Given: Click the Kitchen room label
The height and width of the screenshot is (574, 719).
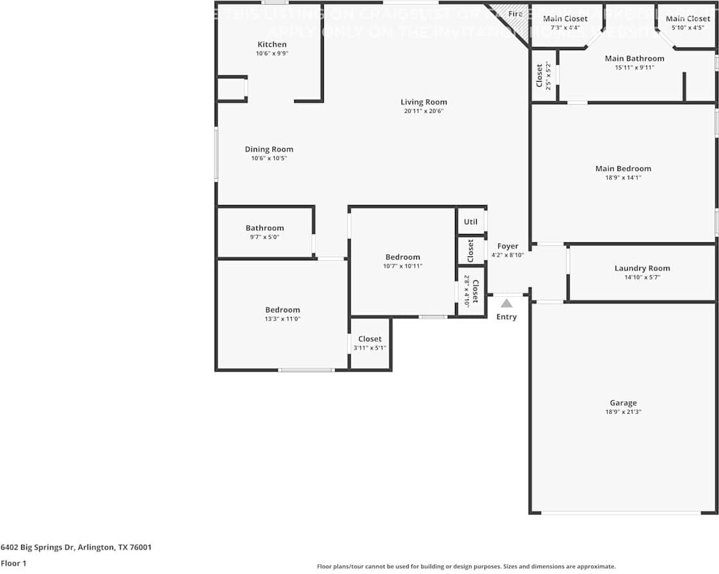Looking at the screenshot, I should [x=272, y=44].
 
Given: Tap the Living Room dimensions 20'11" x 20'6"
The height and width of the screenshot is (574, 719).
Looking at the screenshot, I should [x=423, y=111].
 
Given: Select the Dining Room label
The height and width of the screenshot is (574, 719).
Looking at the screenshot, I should [x=269, y=149].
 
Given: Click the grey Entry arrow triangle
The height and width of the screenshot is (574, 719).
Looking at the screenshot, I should [x=507, y=303].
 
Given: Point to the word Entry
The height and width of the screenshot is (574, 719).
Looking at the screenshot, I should [x=506, y=316].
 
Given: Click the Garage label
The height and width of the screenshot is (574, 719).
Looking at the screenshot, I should [x=623, y=403].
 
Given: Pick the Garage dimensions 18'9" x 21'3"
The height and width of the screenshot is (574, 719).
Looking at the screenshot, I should [x=623, y=412].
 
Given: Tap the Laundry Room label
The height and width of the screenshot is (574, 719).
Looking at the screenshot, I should [x=642, y=268].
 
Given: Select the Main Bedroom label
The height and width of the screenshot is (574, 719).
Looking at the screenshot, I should [x=623, y=168].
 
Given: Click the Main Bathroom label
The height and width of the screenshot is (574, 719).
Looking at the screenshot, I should [x=634, y=58].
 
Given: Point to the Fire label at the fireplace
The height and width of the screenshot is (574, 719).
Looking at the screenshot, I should [x=515, y=13].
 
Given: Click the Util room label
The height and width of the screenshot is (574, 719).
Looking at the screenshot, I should [x=470, y=222].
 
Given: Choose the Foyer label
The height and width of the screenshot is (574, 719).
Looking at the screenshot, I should [x=508, y=246].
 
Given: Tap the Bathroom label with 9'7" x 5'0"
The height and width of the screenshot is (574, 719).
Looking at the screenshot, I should [x=264, y=228].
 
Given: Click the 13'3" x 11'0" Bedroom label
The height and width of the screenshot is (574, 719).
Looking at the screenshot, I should [x=282, y=310].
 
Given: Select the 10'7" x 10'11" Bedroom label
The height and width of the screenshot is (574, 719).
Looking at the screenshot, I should [x=402, y=257].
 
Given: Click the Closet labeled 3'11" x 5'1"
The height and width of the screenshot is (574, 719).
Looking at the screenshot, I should [x=369, y=339].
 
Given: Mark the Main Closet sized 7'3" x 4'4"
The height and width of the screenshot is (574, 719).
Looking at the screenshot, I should [x=565, y=19].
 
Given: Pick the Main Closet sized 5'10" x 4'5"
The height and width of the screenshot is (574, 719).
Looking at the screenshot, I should [x=688, y=19].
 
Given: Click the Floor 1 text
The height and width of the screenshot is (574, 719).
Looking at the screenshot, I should [x=14, y=563].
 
